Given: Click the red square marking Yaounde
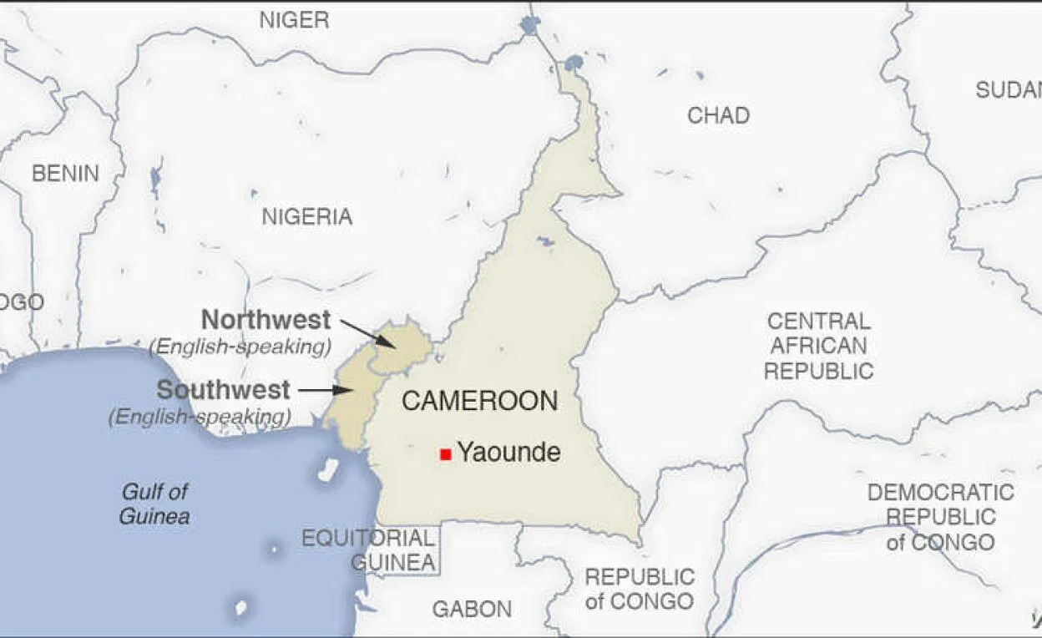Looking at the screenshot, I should pyautogui.click(x=446, y=454).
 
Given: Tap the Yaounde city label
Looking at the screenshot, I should pyautogui.click(x=508, y=453).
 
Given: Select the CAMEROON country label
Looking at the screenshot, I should pyautogui.click(x=479, y=401).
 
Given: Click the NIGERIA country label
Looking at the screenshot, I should pyautogui.click(x=307, y=217).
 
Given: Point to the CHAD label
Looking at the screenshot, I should pyautogui.click(x=718, y=115).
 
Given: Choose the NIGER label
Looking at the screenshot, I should pyautogui.click(x=294, y=20).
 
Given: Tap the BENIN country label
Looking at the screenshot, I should pyautogui.click(x=65, y=174).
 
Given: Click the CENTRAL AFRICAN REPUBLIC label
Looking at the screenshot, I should pyautogui.click(x=819, y=346).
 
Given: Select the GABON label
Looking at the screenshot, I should pyautogui.click(x=472, y=610).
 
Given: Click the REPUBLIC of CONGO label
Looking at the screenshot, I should pyautogui.click(x=640, y=589).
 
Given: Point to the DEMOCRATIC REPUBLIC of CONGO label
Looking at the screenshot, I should pyautogui.click(x=941, y=517).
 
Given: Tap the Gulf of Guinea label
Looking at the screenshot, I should pyautogui.click(x=154, y=504).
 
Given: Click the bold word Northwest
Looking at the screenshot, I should pyautogui.click(x=266, y=320).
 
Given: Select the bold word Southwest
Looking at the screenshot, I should pyautogui.click(x=224, y=390).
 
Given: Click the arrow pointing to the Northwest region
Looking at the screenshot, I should pyautogui.click(x=368, y=332).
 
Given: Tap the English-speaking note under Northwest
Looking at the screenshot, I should pyautogui.click(x=240, y=347).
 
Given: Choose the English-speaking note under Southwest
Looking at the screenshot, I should pyautogui.click(x=200, y=417).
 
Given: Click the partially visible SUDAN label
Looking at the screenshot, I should pyautogui.click(x=1009, y=90).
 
